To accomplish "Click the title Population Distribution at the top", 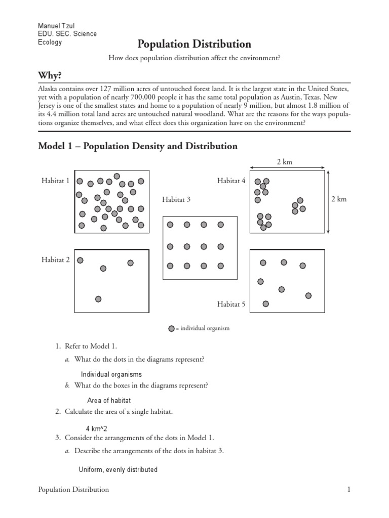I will [194, 44].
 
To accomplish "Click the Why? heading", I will [50, 75].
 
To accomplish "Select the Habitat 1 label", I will [55, 181].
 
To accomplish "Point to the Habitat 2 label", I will [55, 260].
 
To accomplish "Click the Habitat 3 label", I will [176, 200].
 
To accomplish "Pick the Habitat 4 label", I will [231, 181].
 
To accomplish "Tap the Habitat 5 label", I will [231, 304].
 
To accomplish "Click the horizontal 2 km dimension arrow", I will [287, 166].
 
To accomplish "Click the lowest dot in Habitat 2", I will [98, 299].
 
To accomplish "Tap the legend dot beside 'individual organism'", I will [171, 328].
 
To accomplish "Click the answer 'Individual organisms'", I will [111, 374].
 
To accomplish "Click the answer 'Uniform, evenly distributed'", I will [118, 469].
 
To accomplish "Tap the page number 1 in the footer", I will [349, 490].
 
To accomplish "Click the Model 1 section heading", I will [138, 146].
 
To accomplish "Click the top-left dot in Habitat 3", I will [170, 225].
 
